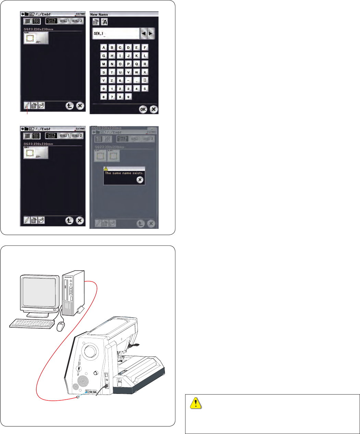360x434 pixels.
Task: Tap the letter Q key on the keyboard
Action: pos(136,64)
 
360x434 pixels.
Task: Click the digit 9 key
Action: pos(128,97)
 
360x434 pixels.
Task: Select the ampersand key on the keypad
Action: pos(120,80)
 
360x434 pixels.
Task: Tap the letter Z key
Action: pos(112,80)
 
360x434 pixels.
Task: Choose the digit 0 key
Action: pos(104,89)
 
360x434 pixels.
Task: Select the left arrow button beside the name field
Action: pos(144,33)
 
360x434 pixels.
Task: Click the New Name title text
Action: pos(99,14)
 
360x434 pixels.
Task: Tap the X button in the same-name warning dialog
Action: pos(140,179)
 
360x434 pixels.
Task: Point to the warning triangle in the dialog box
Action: pos(106,168)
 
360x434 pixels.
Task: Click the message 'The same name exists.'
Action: pos(124,173)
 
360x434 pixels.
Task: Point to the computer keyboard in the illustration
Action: pos(32,323)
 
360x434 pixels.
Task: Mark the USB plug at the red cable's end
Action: pos(78,397)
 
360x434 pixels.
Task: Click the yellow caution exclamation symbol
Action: pos(195,403)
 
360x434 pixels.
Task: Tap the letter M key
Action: pos(104,64)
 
